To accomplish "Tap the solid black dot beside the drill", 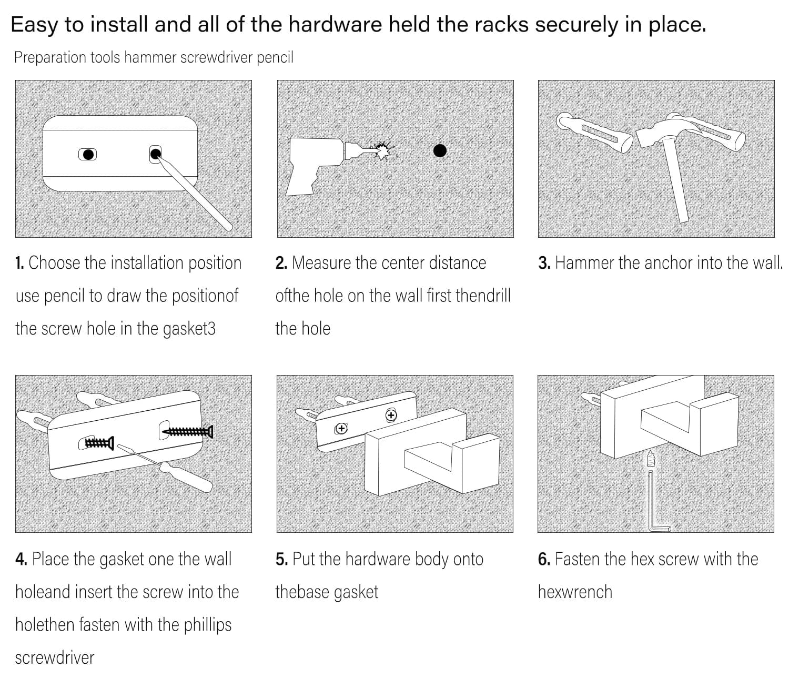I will [440, 151].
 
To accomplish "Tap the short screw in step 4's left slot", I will [99, 443].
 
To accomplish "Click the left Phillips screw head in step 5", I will [342, 428].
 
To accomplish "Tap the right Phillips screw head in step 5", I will [391, 416].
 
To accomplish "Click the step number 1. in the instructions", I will [19, 263].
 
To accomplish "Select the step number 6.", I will [544, 559].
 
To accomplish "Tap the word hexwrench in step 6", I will [575, 592].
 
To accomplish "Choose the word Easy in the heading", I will [34, 25].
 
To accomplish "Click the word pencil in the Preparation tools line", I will [275, 57].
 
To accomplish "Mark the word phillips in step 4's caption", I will [208, 625].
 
